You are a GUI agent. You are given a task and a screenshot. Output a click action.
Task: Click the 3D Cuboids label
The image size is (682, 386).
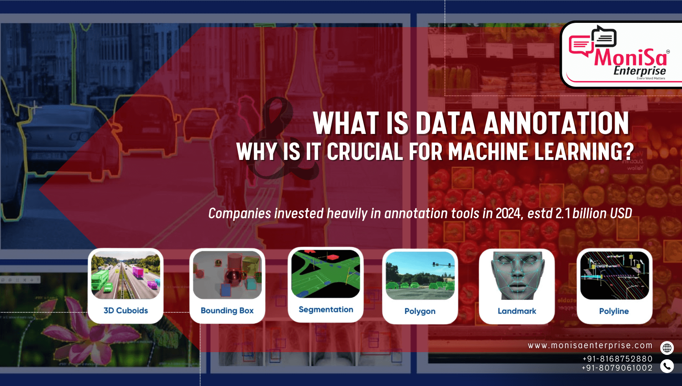(126, 310)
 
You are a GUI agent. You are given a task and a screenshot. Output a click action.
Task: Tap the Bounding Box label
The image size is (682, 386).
(227, 310)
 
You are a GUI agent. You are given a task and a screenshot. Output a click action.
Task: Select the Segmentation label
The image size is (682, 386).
(326, 310)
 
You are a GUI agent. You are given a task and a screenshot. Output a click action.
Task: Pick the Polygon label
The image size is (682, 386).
(420, 311)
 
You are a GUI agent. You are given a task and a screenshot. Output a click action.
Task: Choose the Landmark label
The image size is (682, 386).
(517, 311)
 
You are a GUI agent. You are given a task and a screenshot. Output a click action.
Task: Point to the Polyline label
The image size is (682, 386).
(614, 311)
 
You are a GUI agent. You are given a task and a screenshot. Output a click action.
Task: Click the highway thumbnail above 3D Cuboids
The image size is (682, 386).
(126, 275)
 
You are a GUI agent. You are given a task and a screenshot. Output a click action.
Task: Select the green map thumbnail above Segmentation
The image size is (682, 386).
(326, 274)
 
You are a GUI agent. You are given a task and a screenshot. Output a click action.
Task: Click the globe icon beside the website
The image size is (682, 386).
(667, 348)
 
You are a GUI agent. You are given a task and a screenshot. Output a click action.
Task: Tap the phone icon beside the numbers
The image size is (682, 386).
(667, 366)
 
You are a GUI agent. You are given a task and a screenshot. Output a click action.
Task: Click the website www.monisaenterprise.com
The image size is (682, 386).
(590, 345)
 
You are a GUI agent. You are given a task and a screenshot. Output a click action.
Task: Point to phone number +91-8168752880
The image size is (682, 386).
(617, 359)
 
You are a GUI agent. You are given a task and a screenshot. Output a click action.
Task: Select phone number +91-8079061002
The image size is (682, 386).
(617, 368)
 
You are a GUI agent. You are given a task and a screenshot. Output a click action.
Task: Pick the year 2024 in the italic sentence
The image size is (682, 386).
(508, 213)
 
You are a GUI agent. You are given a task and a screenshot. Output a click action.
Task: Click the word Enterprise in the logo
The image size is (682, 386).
(639, 71)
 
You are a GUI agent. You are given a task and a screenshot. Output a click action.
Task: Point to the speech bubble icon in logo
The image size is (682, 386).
(593, 42)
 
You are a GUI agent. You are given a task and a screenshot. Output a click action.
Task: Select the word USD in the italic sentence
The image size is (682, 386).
(621, 213)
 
